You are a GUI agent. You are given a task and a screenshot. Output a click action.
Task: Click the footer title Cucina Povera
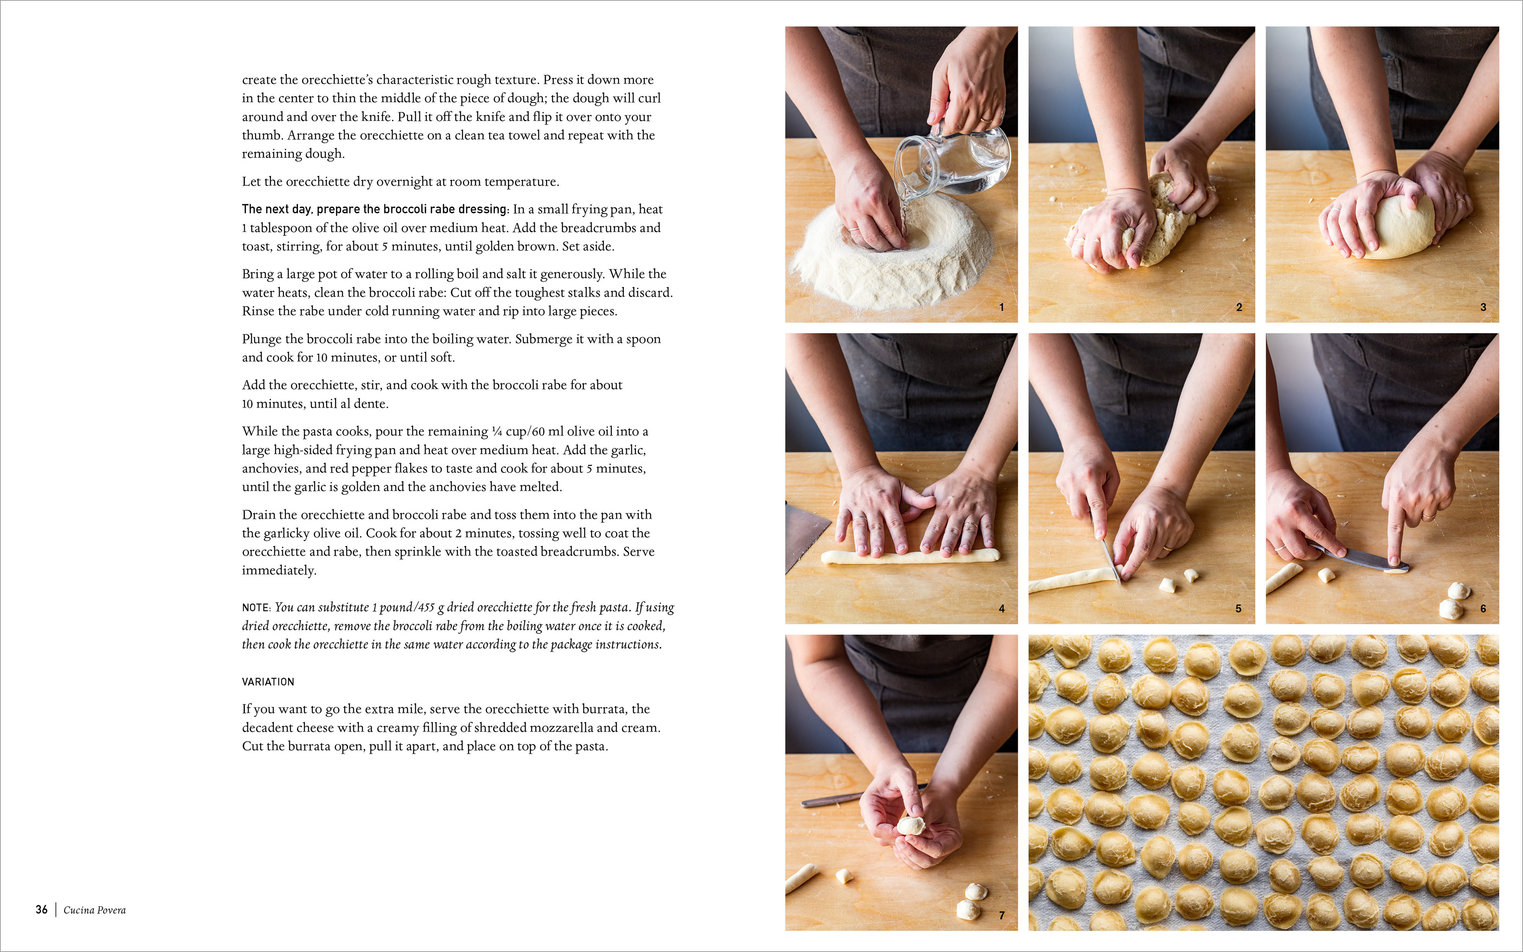[94, 910]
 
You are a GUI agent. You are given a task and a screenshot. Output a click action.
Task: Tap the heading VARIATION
[268, 682]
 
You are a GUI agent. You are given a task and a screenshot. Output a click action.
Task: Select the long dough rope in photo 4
[910, 557]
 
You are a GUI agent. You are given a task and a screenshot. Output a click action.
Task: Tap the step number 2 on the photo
[1239, 307]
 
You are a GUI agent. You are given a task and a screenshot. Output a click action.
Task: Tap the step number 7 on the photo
[1001, 915]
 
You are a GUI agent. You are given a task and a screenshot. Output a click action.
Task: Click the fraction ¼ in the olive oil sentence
[497, 431]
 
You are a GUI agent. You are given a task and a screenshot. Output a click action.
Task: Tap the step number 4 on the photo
[1001, 608]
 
